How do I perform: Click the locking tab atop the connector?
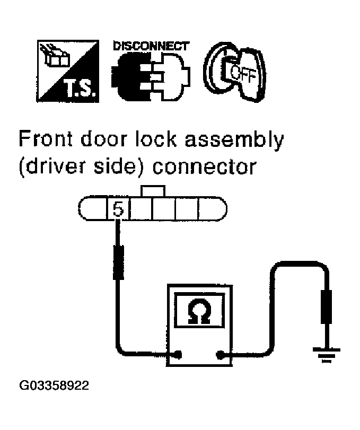pyautogui.click(x=152, y=191)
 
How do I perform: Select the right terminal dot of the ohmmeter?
pyautogui.click(x=219, y=355)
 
